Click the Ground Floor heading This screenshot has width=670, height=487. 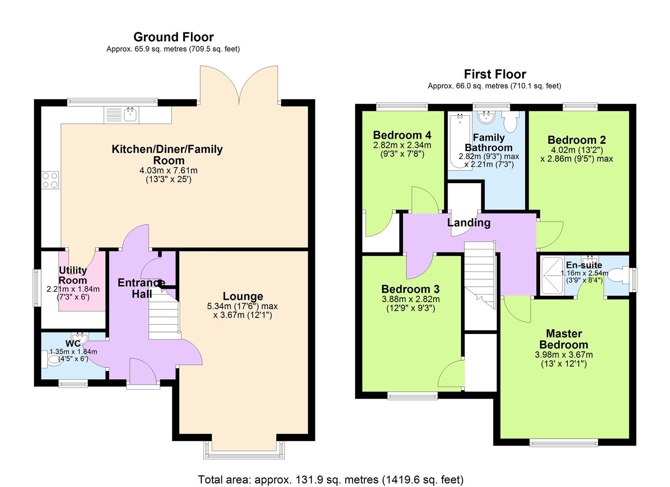click(x=173, y=37)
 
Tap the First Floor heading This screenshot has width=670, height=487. click(x=495, y=74)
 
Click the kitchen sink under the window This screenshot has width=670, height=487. click(x=131, y=115)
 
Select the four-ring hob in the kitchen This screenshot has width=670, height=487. click(x=50, y=180)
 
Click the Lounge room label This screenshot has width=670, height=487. click(x=243, y=296)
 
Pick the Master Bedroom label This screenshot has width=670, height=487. click(x=564, y=339)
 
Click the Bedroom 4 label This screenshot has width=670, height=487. click(x=402, y=135)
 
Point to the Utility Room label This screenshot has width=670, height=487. click(x=73, y=275)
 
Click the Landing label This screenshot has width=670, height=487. click(x=468, y=222)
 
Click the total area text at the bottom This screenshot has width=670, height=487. click(x=330, y=479)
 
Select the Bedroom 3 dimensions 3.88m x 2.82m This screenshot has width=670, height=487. click(x=411, y=299)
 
